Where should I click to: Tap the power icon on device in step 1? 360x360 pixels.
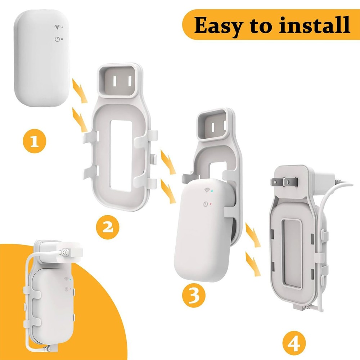coord(57,39)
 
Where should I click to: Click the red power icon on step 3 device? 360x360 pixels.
coord(205,204)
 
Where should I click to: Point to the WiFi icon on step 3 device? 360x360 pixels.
coord(207,190)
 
